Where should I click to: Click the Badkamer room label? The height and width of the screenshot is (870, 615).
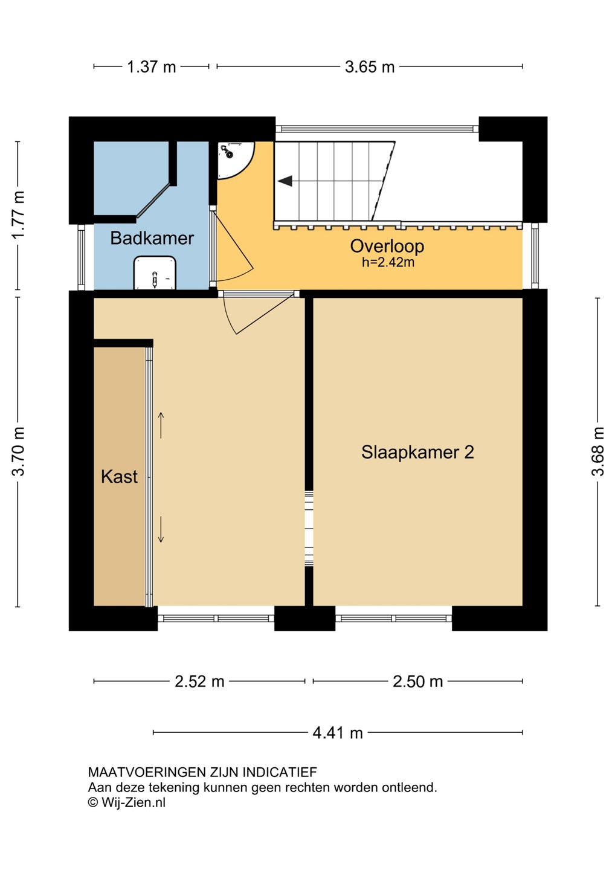152,238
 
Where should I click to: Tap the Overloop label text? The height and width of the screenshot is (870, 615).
387,246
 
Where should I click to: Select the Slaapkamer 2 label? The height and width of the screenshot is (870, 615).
417,452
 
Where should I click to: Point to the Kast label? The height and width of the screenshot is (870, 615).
119,477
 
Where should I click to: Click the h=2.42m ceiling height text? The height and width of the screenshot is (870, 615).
388,263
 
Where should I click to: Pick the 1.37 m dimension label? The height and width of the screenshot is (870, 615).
152,67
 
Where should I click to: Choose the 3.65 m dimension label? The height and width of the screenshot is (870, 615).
370,67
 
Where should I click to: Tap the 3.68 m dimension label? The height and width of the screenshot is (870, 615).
597,451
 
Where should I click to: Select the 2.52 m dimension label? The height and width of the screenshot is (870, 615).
199,681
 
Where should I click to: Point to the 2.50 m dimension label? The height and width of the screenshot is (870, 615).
418,681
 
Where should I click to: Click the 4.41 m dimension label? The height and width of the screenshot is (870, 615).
338,733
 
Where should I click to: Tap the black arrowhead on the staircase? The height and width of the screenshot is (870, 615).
285,181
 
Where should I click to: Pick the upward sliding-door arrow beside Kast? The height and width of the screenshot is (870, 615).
161,425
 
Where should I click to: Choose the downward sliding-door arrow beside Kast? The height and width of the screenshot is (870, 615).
161,529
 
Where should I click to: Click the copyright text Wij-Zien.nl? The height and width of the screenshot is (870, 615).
127,802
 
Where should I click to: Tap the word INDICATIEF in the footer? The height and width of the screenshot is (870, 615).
280,772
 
